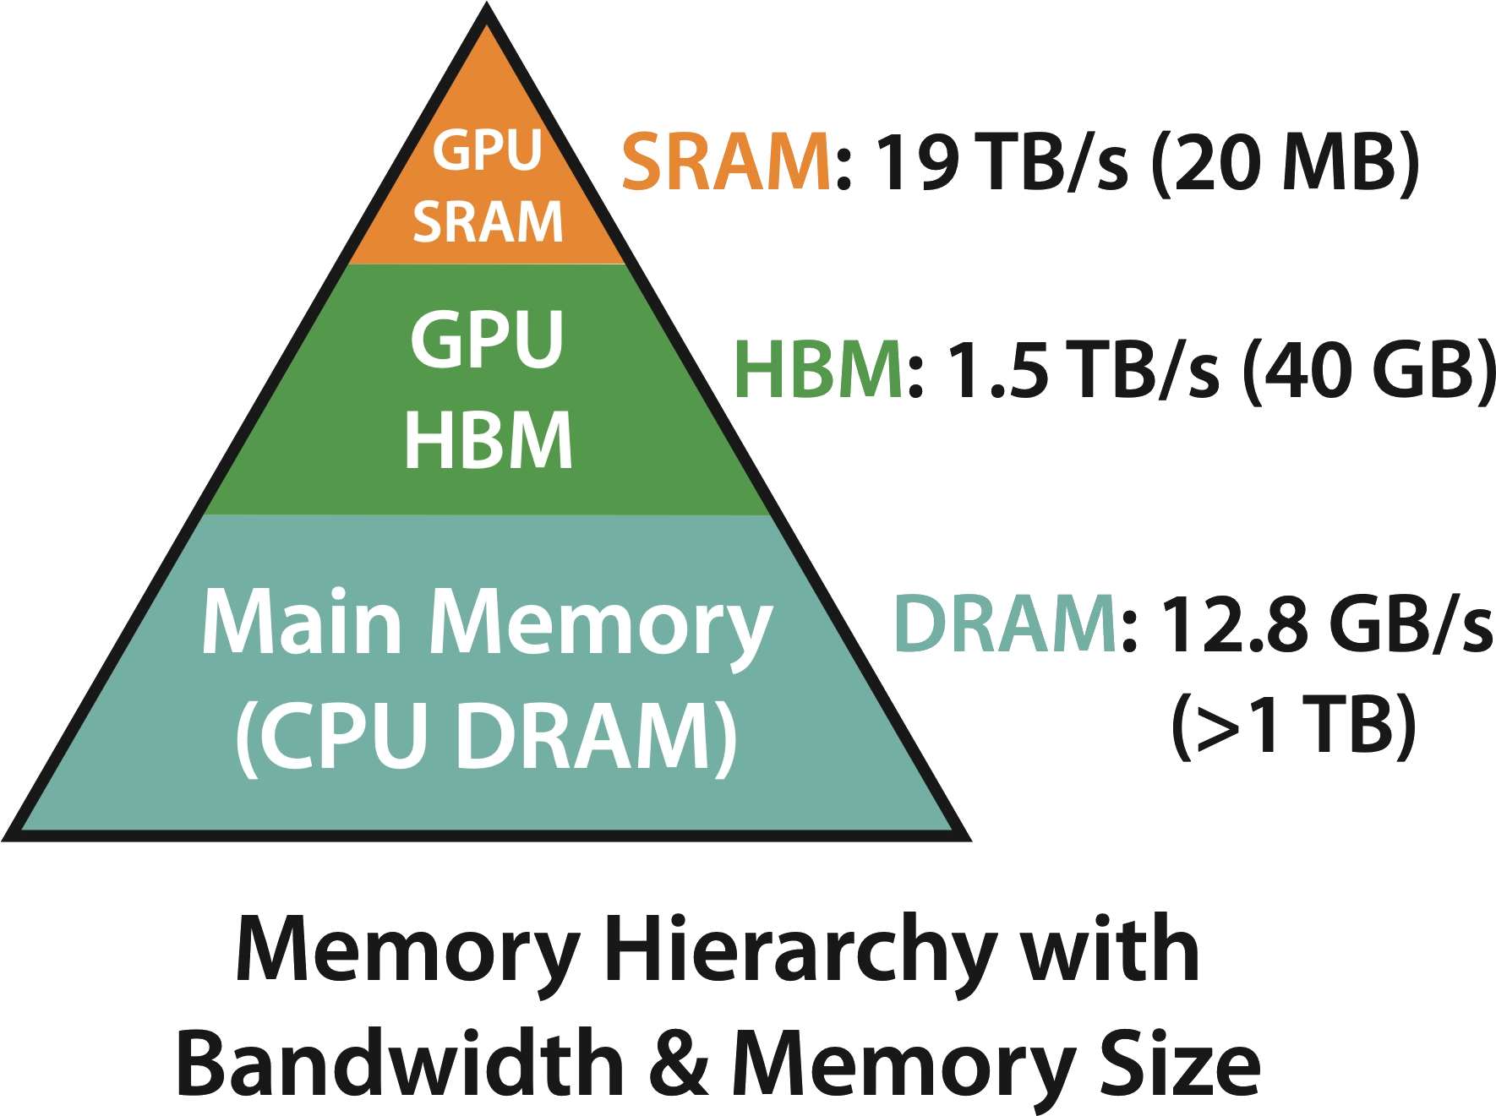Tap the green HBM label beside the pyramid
point(819,369)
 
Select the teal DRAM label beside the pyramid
point(1006,623)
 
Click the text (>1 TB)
point(1293,724)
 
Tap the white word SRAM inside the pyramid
point(488,221)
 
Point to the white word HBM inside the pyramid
point(488,439)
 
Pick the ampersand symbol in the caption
point(683,1062)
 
